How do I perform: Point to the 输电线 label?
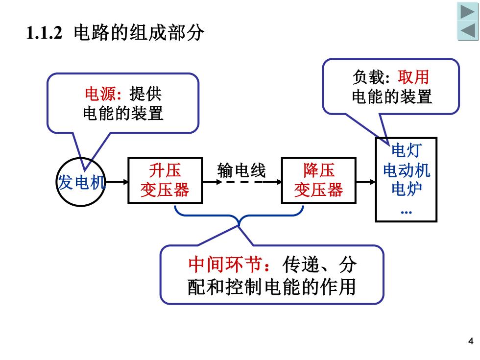tap(241, 170)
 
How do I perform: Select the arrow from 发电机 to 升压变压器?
tap(117, 182)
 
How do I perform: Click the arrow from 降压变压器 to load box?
tap(366, 182)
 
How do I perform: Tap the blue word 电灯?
tap(407, 150)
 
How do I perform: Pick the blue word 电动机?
tap(407, 170)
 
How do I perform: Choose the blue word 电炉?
tap(407, 189)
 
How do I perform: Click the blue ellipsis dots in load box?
tap(406, 212)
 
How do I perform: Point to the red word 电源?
tap(100, 94)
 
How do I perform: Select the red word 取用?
tap(413, 77)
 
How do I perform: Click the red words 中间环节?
tap(225, 264)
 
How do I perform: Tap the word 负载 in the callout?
tap(368, 77)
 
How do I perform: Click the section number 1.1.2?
tap(45, 33)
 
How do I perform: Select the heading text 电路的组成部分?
tap(139, 32)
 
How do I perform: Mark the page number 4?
tap(471, 341)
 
